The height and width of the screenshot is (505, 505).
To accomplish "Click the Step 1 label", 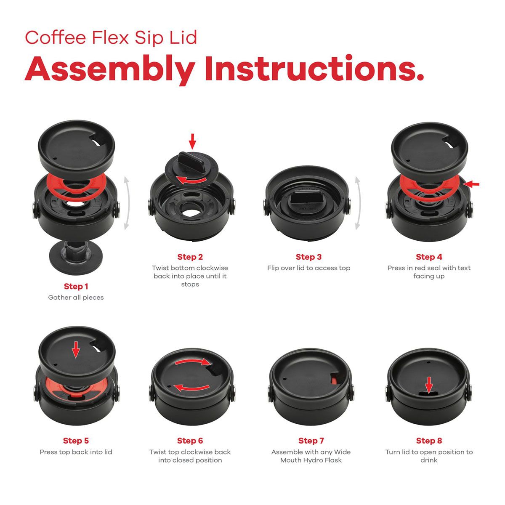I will [76, 287].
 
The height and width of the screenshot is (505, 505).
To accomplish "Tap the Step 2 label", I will [190, 257].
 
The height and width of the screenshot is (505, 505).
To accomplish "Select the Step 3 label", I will [308, 257].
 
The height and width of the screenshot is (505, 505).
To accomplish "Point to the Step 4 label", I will [429, 257].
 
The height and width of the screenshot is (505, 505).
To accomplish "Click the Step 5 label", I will [76, 441].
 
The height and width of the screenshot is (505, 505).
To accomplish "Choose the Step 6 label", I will [190, 441].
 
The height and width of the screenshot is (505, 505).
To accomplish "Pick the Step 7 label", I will [311, 441].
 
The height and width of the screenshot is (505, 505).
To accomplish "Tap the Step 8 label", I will [429, 441].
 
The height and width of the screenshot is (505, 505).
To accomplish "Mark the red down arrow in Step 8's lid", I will [429, 385].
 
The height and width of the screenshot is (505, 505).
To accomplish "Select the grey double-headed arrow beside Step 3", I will [358, 203].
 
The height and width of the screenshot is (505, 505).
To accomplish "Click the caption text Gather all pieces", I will [76, 298].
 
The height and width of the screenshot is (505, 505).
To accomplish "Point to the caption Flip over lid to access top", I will [308, 268].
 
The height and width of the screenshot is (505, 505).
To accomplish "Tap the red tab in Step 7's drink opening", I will [334, 380].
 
